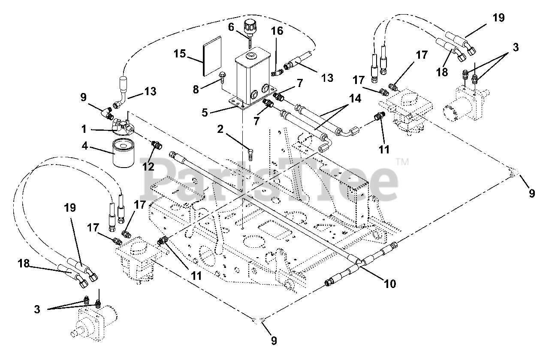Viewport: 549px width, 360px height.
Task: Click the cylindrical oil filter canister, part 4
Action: point(124,153)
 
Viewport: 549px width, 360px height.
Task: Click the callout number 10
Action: point(390,283)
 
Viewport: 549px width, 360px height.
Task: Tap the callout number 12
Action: point(148,166)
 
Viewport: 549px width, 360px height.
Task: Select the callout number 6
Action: point(231,27)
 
